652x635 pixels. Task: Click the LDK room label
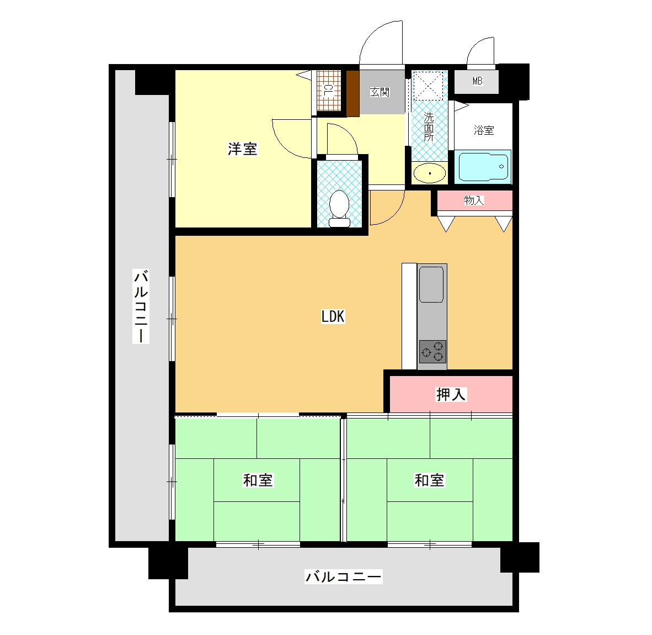click(x=333, y=316)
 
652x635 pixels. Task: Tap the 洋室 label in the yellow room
click(x=242, y=149)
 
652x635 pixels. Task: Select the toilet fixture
click(x=339, y=208)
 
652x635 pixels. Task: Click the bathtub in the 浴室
click(x=482, y=166)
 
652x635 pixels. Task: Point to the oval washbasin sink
click(x=430, y=173)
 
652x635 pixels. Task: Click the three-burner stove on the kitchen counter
click(x=432, y=352)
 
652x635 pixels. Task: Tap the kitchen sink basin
click(x=431, y=284)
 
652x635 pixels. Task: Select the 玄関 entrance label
click(x=380, y=92)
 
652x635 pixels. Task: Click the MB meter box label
click(x=477, y=81)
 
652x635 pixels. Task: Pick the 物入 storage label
click(x=474, y=200)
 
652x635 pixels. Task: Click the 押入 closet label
click(x=451, y=394)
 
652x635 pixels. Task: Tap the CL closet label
click(x=328, y=91)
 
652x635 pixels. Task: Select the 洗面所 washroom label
click(x=429, y=126)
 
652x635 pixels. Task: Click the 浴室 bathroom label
click(x=484, y=130)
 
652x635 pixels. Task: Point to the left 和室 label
click(x=258, y=480)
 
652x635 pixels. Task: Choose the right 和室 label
click(x=430, y=480)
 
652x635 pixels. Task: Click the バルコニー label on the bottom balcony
click(x=344, y=576)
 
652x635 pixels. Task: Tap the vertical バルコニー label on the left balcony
click(x=141, y=306)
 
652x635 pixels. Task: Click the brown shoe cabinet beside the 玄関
click(x=352, y=94)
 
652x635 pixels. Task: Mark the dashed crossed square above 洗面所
click(x=428, y=86)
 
